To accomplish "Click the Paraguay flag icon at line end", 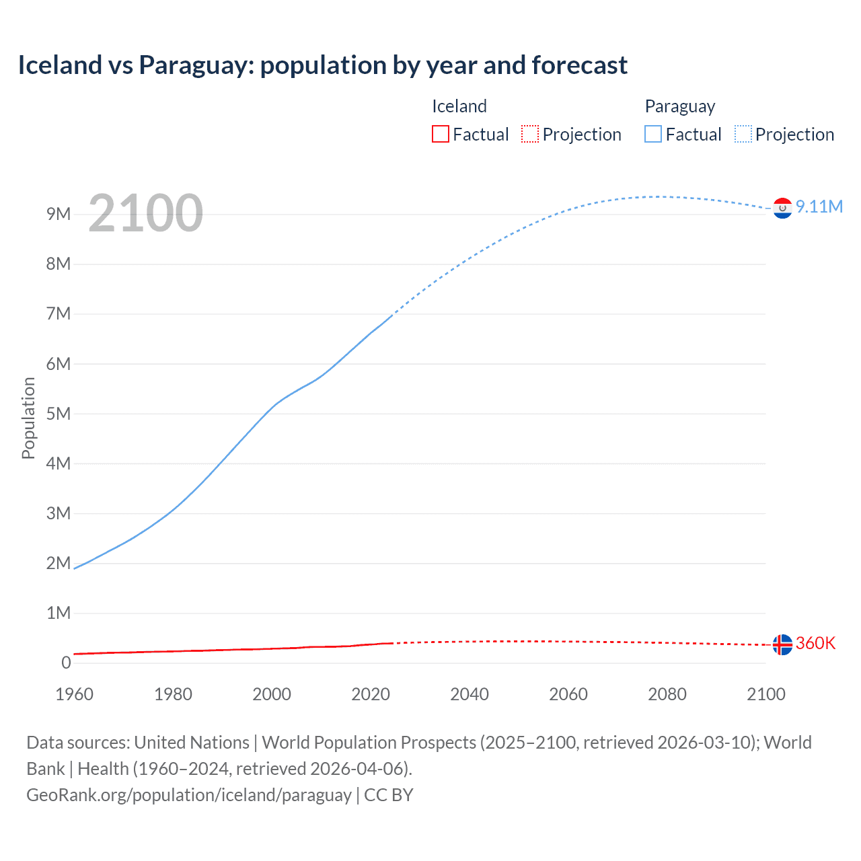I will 782,209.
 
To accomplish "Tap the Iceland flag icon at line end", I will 782,644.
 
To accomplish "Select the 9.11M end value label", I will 819,207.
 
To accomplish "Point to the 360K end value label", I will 815,643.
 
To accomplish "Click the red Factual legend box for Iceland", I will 440,134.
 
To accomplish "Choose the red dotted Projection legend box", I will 530,134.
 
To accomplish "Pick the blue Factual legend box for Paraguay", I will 653,134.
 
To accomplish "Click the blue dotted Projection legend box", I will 743,134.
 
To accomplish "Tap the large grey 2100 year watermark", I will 145,213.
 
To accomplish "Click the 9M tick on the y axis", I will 59,214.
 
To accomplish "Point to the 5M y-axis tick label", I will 59,414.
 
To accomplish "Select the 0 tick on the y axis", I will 66,663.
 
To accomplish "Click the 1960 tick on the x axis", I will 74,694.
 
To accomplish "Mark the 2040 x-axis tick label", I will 470,694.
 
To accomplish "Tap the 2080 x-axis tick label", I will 667,694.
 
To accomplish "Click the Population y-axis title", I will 28,418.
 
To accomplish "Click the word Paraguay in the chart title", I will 196,65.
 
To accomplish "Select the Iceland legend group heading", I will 459,106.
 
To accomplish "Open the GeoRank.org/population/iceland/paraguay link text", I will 188,794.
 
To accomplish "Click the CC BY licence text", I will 389,794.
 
